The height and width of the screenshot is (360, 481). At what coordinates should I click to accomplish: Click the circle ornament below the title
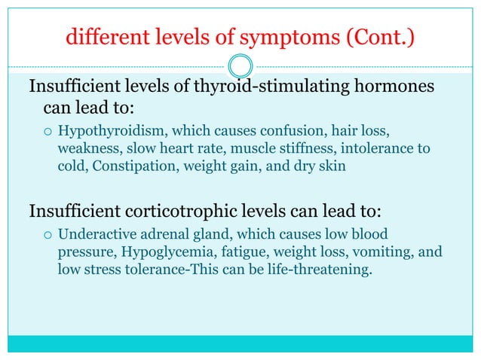click(240, 63)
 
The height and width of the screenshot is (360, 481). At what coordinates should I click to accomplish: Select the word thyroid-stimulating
click(283, 87)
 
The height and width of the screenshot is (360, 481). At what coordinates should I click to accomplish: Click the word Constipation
click(137, 166)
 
